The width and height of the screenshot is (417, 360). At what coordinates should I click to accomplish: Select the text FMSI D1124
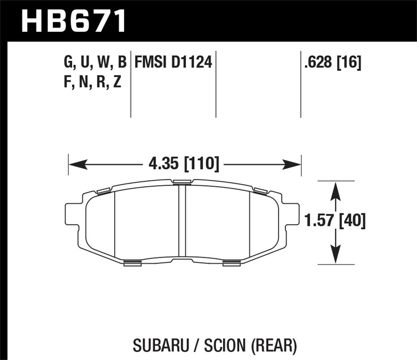173,63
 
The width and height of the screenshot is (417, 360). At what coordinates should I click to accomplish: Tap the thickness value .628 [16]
332,63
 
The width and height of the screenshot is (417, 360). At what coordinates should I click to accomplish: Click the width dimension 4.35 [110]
183,164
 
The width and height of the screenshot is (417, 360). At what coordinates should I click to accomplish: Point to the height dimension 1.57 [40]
335,221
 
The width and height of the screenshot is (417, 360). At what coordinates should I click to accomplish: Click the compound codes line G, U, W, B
95,63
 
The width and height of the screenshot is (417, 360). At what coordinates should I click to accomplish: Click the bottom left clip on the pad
132,263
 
